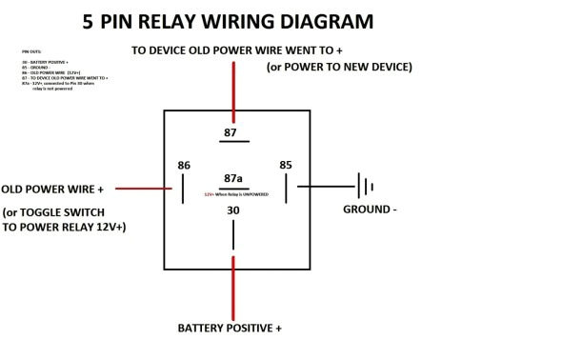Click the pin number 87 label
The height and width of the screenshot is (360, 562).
(x=231, y=131)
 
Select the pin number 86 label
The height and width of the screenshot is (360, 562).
(x=184, y=165)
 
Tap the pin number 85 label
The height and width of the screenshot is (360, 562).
(x=286, y=165)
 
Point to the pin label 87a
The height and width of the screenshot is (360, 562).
(x=232, y=177)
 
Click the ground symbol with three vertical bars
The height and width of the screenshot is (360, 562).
(x=364, y=186)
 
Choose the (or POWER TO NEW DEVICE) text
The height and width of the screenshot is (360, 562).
(x=338, y=67)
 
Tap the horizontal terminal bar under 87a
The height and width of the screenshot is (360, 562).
(x=232, y=187)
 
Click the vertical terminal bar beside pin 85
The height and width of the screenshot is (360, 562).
(x=298, y=187)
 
